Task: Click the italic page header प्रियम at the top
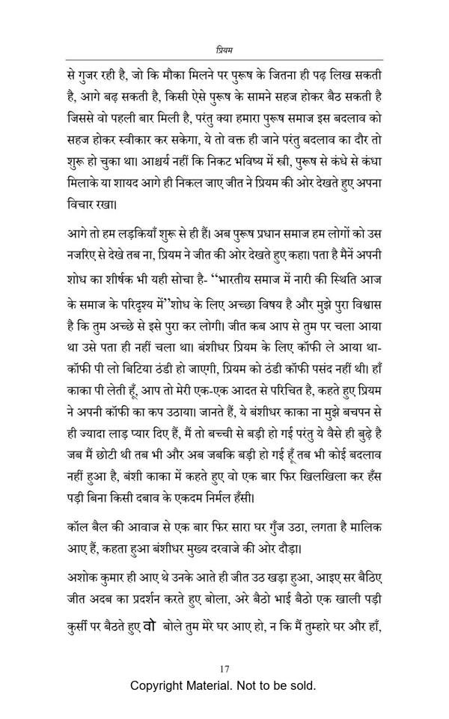point(224,50)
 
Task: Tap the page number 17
point(224,668)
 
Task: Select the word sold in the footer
point(302,685)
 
